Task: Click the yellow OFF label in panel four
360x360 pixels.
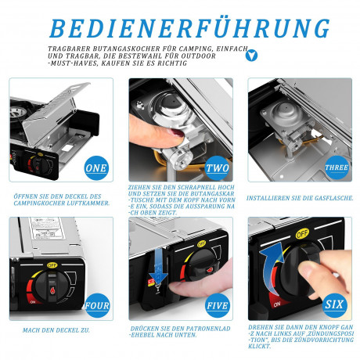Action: point(52,265)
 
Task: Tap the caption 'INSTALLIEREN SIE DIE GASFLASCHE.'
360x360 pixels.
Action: point(300,198)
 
